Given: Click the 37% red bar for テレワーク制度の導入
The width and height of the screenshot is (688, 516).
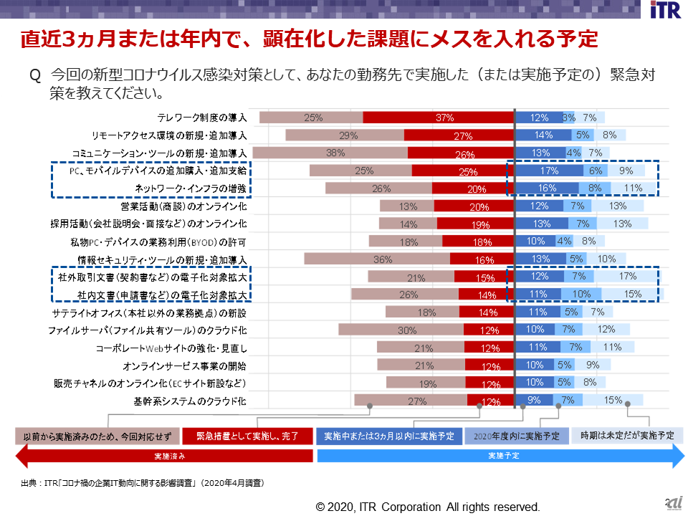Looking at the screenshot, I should (439, 118).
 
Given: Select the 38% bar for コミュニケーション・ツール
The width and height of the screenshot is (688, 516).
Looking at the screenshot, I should (330, 153).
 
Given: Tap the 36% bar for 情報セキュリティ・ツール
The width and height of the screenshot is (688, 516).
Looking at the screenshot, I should (377, 259).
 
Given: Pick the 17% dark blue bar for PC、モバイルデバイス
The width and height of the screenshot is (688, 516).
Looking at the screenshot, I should (550, 171).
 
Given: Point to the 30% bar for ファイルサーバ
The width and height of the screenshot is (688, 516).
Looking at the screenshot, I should (401, 330).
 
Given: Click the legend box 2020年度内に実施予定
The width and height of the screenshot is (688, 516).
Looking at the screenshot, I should (516, 436).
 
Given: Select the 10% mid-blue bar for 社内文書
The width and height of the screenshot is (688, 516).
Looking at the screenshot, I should (581, 295).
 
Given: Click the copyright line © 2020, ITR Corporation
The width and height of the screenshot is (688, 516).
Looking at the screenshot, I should (428, 507).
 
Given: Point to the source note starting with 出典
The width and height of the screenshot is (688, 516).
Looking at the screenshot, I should (143, 484).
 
